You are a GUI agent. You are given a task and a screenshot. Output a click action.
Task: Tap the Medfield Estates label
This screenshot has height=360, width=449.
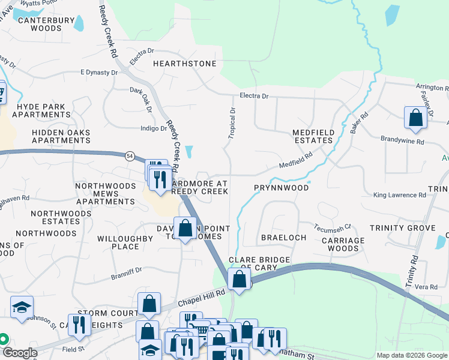point(312,136)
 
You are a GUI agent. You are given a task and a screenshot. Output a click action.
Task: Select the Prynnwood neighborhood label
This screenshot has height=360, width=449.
point(281,188)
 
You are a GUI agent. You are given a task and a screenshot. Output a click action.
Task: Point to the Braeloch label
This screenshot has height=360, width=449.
point(283,238)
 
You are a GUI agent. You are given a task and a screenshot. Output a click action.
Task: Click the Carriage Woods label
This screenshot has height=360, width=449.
point(343,244)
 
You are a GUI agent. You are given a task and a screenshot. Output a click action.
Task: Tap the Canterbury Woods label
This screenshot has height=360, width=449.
point(40,24)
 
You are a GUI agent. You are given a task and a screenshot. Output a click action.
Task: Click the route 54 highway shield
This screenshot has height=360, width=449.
point(130,155)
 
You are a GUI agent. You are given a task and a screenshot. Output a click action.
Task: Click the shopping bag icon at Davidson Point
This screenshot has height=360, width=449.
point(185,228)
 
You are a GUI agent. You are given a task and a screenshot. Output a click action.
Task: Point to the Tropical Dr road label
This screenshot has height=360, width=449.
point(232,123)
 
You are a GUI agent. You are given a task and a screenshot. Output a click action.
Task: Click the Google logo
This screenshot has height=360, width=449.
point(20,353)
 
